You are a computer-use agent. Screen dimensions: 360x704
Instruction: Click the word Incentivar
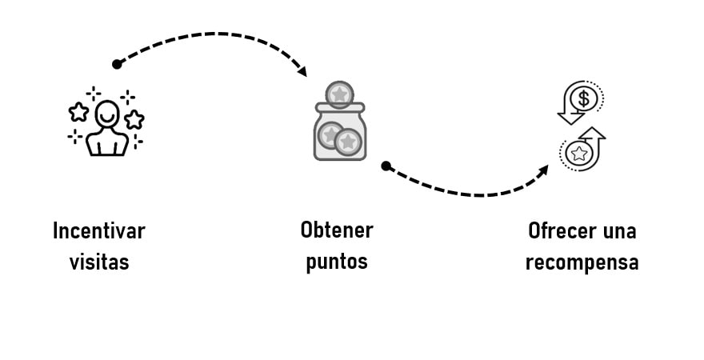pos(99,231)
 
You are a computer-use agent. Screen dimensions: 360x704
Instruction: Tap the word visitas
pos(99,262)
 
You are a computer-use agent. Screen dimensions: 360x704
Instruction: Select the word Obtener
pos(337,230)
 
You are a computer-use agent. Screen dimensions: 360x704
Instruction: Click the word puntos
pos(337,262)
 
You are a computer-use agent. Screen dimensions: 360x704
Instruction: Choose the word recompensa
pos(582,262)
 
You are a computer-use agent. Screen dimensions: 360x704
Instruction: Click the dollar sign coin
pos(585,98)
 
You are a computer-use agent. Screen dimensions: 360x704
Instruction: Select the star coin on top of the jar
pos(340,94)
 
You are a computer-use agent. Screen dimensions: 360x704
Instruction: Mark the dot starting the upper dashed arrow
pos(117,64)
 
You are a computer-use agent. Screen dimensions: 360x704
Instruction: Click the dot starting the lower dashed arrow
pos(386,166)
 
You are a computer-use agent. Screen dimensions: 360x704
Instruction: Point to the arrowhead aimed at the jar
pos(302,72)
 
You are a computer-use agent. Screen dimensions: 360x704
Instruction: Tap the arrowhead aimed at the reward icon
pos(544,170)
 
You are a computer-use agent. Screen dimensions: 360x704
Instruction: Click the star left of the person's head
pos(78,111)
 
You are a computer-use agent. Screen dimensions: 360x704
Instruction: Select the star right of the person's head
pos(134,120)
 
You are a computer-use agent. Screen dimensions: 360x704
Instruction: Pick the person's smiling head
pos(106,114)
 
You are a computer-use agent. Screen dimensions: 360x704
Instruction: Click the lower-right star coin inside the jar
pos(347,142)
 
